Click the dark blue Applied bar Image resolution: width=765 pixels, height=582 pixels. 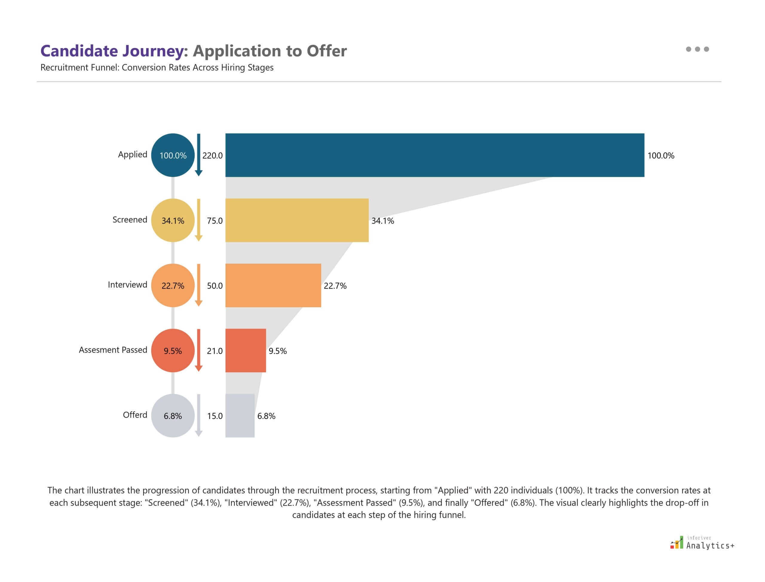pyautogui.click(x=434, y=155)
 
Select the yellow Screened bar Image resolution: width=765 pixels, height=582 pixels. pyautogui.click(x=297, y=220)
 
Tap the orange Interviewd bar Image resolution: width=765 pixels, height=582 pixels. pyautogui.click(x=273, y=285)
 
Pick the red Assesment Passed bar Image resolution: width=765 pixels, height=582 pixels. pyautogui.click(x=246, y=351)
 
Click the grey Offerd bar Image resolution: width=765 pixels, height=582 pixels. pyautogui.click(x=240, y=415)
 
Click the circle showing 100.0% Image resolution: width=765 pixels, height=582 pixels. pyautogui.click(x=173, y=155)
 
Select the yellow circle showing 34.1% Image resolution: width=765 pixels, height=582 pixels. pyautogui.click(x=173, y=220)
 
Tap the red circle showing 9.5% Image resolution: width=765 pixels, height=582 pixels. pyautogui.click(x=173, y=351)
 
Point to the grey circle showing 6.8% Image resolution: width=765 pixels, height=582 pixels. pyautogui.click(x=173, y=415)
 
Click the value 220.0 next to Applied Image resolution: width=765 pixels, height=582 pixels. pyautogui.click(x=212, y=156)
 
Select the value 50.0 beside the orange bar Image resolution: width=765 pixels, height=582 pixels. pyautogui.click(x=215, y=286)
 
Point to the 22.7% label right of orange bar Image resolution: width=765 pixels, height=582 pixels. pyautogui.click(x=335, y=286)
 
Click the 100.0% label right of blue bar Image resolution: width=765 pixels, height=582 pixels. pyautogui.click(x=660, y=156)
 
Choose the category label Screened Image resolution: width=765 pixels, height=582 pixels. pyautogui.click(x=130, y=220)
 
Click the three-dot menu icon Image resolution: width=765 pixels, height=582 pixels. pyautogui.click(x=697, y=49)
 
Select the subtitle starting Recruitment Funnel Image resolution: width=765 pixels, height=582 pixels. pyautogui.click(x=157, y=68)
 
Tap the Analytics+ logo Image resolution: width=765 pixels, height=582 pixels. pyautogui.click(x=702, y=543)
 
